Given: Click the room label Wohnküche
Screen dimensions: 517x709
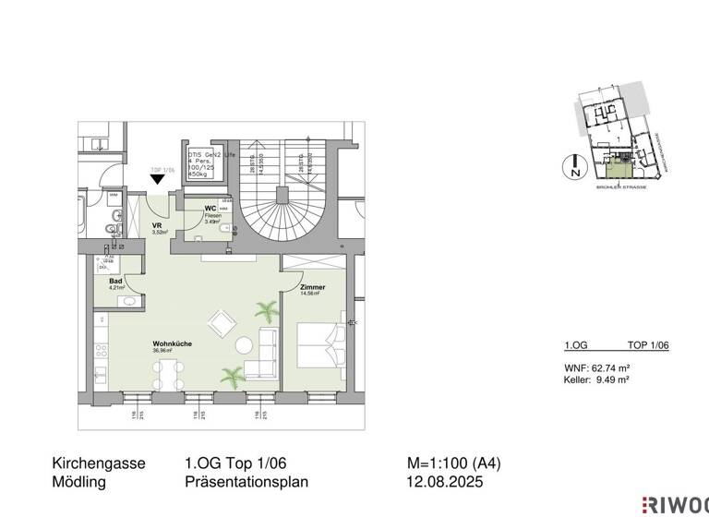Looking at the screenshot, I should point(172,343).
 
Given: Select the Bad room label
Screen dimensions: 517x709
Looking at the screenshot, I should point(115,281).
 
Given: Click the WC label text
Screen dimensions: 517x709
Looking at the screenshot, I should point(210,209).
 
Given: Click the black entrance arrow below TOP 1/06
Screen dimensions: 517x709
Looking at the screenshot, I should point(158,189).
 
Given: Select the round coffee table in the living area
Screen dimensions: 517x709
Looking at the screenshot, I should point(244,346).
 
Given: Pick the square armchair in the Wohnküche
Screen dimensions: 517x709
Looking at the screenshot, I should point(222,322).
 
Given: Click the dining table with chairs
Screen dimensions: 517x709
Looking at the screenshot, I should point(169,372).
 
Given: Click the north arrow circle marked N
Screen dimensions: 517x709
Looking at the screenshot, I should point(574,167).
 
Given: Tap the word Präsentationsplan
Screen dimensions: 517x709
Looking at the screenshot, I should point(246,481).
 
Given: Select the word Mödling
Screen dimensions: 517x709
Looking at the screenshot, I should point(79,481).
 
